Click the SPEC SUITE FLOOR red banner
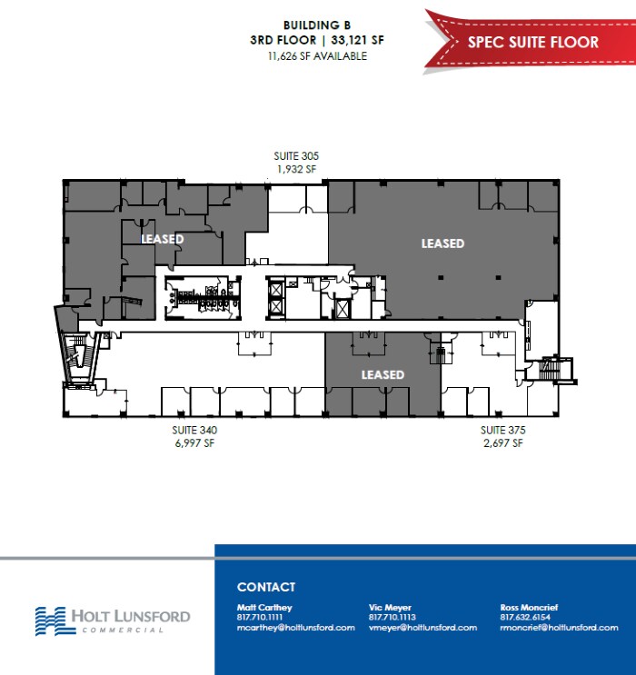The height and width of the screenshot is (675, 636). click(532, 42)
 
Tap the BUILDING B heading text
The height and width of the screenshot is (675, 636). click(317, 25)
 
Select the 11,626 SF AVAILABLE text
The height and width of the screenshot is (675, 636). click(317, 55)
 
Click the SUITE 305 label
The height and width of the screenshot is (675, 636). click(297, 155)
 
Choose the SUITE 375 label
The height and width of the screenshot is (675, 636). click(502, 430)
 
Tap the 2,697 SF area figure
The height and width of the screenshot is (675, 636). click(502, 443)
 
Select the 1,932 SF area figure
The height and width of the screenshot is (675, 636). click(297, 169)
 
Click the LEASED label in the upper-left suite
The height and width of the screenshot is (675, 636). click(163, 239)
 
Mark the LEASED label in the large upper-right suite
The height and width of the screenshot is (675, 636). click(442, 243)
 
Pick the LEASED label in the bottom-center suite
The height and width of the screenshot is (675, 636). click(383, 374)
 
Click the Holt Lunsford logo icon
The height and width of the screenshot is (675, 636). click(50, 620)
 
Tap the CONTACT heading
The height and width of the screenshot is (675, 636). click(266, 587)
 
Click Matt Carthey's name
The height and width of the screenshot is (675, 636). click(264, 607)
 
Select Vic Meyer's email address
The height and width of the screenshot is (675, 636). click(422, 628)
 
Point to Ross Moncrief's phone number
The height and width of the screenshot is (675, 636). click(525, 618)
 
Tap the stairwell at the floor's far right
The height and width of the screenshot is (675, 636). click(549, 372)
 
